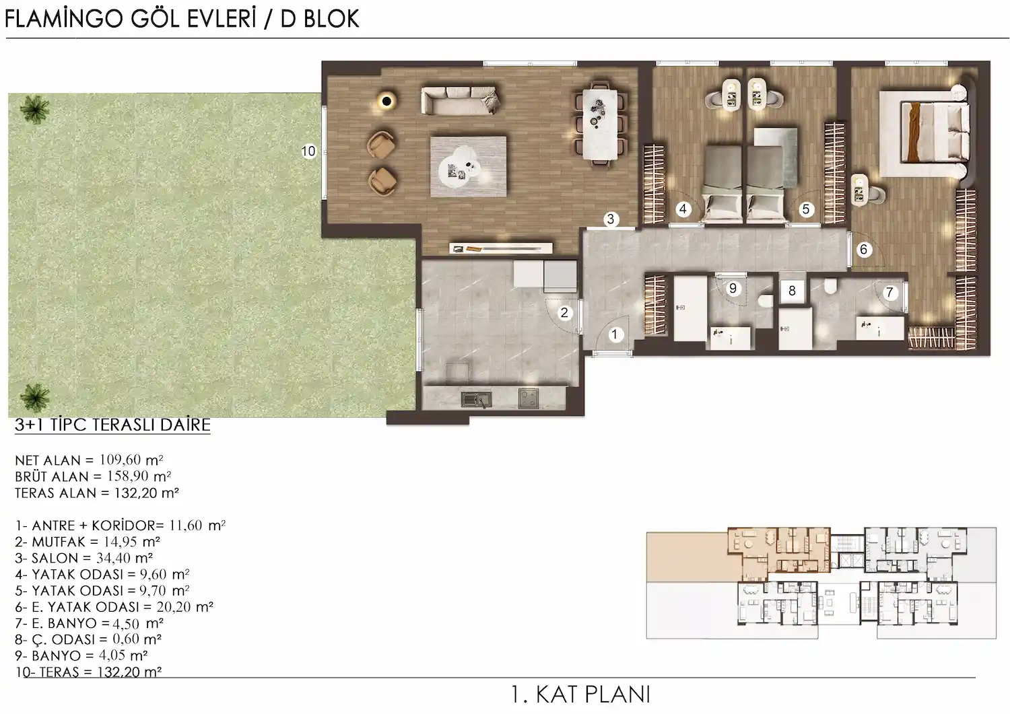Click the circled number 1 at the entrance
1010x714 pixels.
[x=614, y=334]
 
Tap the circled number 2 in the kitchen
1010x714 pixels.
[x=565, y=312]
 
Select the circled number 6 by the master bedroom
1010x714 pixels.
[x=864, y=250]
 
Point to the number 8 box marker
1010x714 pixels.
[x=792, y=291]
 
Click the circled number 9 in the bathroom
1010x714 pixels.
[x=733, y=289]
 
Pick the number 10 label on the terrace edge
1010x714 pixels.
[x=308, y=151]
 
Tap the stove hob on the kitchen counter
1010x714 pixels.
[x=528, y=398]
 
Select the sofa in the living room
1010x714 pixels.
[x=461, y=100]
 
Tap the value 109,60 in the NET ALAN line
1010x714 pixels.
[x=120, y=460]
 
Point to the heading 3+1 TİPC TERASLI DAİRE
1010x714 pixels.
[x=112, y=425]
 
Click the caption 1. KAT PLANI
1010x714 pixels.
[x=580, y=694]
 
